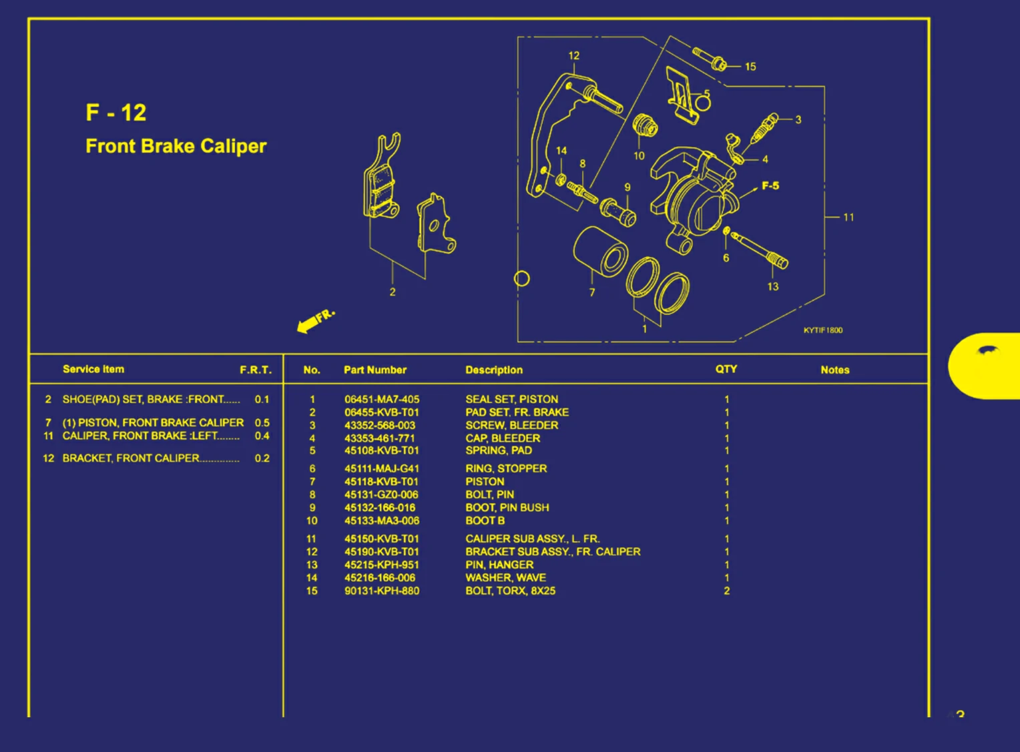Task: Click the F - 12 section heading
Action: click(115, 113)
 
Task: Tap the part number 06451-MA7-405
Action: click(381, 400)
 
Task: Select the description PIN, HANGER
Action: click(499, 565)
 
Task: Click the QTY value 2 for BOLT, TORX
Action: click(726, 591)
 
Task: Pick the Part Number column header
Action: click(374, 370)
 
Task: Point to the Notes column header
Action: click(834, 370)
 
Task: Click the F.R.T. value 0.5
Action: click(262, 422)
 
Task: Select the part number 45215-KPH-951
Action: click(381, 565)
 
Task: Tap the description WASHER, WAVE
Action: click(505, 578)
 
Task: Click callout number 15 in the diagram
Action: click(750, 67)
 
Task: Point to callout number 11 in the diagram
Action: click(848, 217)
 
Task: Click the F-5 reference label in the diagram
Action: click(770, 185)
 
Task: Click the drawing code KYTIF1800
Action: click(822, 330)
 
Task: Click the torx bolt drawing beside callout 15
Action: click(710, 59)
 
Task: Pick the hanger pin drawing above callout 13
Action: click(759, 249)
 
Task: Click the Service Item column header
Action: click(93, 369)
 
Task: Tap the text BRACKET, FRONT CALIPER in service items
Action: click(131, 458)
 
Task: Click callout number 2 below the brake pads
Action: click(393, 292)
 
